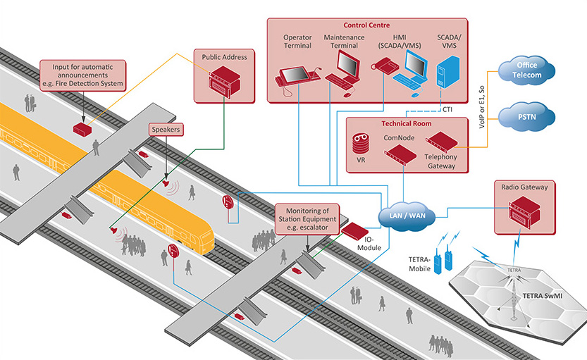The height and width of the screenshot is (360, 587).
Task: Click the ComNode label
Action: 396,138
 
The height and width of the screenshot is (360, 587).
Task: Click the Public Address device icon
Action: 223,81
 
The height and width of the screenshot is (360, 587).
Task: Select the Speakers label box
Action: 166,130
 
